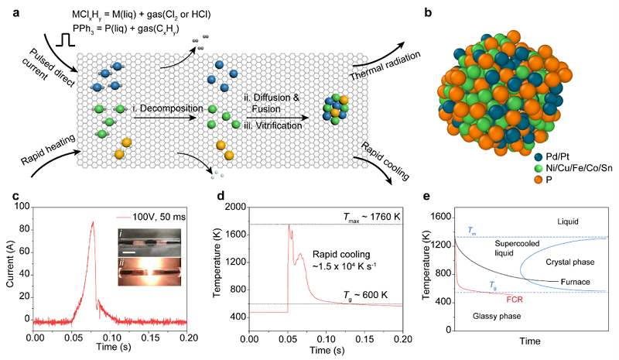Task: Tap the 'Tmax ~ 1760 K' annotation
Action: pyautogui.click(x=361, y=216)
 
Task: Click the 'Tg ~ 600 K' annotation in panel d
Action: pyautogui.click(x=362, y=297)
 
